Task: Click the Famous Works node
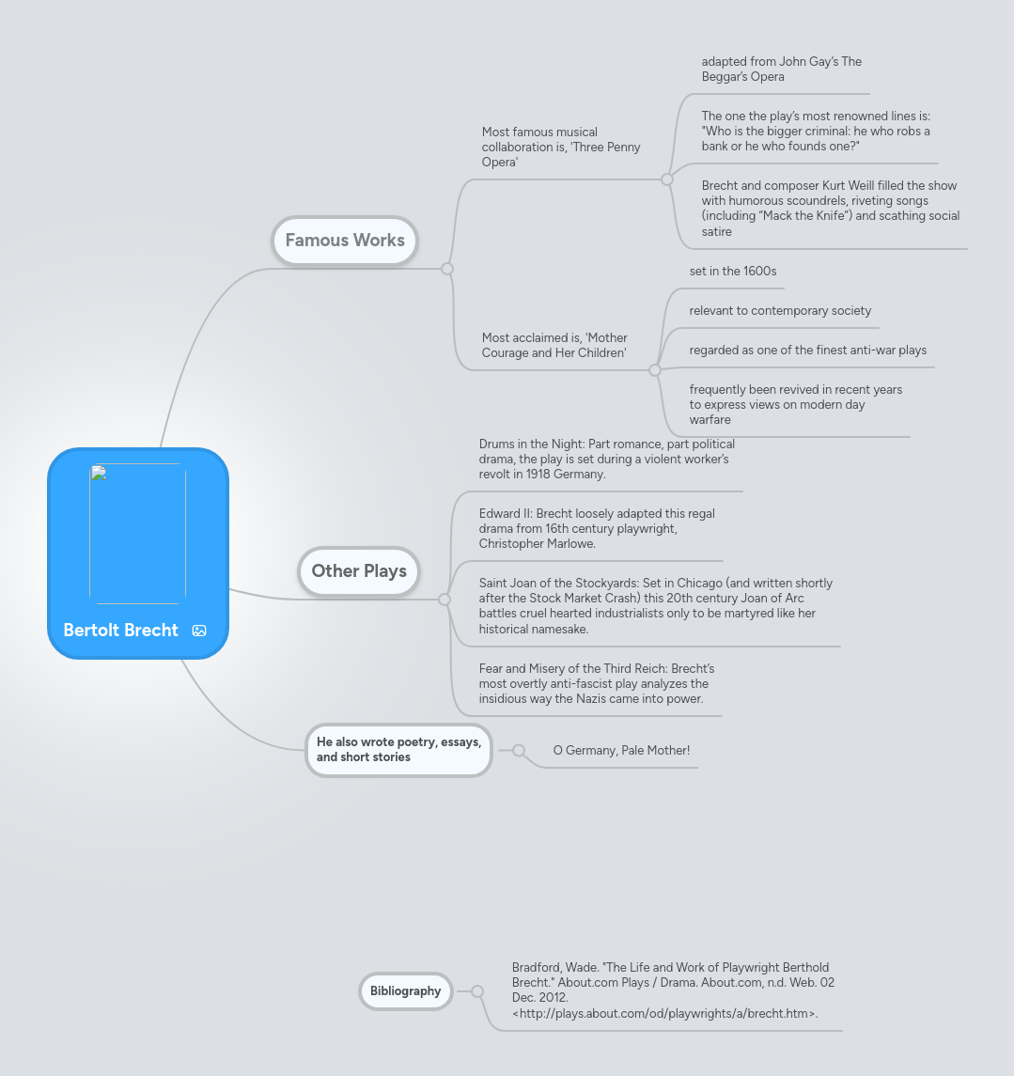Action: tap(344, 241)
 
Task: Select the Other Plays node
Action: tap(359, 571)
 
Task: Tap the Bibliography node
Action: tap(405, 990)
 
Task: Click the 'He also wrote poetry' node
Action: tap(398, 749)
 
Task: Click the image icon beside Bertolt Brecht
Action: tap(199, 631)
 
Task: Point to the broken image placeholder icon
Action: tap(99, 473)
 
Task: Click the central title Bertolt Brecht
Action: tap(120, 630)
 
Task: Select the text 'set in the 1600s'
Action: tap(733, 271)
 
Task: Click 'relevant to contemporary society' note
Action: tap(780, 311)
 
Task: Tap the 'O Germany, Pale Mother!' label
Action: tap(621, 750)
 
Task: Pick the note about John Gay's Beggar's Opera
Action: tap(782, 69)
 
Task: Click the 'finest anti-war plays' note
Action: tap(807, 350)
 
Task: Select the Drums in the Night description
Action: tap(606, 460)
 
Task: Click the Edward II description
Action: tap(597, 528)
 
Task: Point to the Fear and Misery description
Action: tap(596, 683)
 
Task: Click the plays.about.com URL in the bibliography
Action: tap(664, 1014)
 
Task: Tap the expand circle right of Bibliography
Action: tap(477, 990)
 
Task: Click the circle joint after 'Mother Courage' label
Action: tap(655, 370)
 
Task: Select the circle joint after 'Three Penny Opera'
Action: tap(667, 179)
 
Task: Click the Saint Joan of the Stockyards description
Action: tap(655, 606)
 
